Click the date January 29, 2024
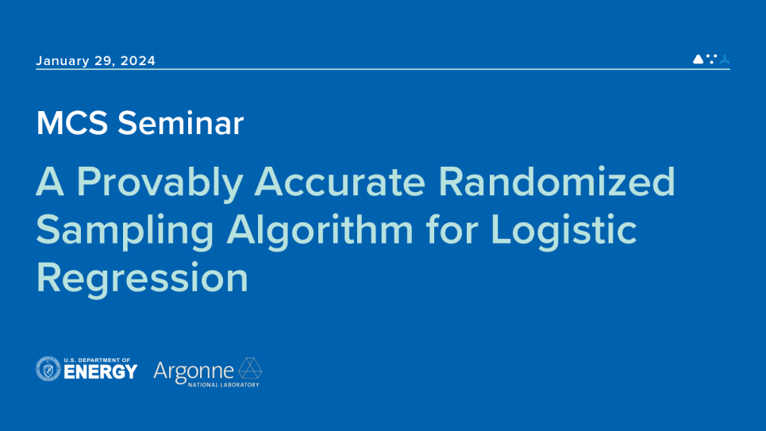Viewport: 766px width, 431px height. pos(96,61)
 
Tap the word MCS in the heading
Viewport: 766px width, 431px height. pos(72,123)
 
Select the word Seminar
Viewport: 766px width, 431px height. pos(180,123)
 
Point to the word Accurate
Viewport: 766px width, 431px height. pos(340,182)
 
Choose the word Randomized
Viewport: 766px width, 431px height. pos(556,181)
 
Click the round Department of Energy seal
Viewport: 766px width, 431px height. pos(48,369)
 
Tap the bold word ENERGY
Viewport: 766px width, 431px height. pos(101,372)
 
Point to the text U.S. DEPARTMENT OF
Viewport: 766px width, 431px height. pos(97,360)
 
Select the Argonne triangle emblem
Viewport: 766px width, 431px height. pos(250,368)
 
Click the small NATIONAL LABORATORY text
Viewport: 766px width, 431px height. pos(224,385)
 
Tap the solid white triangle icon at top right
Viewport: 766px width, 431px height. pos(698,59)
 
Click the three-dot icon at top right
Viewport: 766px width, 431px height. pos(712,59)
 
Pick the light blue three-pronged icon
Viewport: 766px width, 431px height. pos(725,59)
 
